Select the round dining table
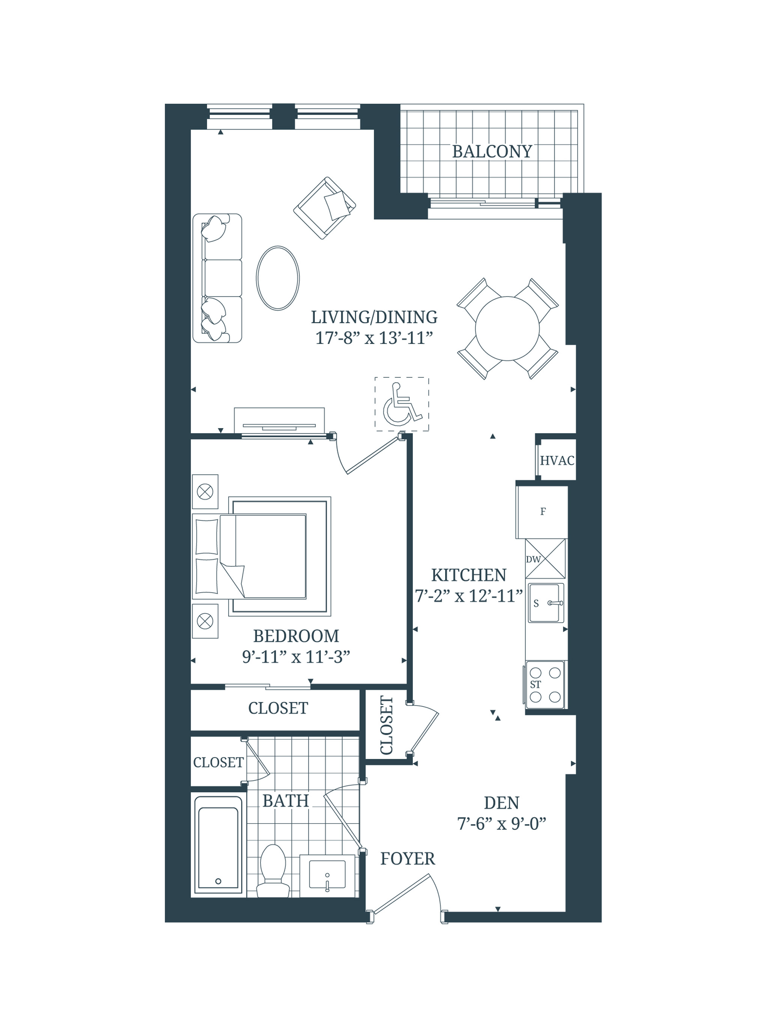[x=507, y=328]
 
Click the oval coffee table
[x=278, y=278]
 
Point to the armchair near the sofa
[x=325, y=208]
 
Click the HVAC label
[x=557, y=460]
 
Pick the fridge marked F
[x=542, y=512]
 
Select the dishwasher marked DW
[x=545, y=559]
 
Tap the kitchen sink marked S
[x=545, y=603]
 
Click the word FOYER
[x=407, y=859]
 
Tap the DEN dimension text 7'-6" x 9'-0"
[x=501, y=824]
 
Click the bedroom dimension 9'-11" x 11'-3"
[x=296, y=657]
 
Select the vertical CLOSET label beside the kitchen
[x=387, y=725]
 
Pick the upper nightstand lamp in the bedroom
[x=205, y=491]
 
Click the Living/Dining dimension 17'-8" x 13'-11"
[x=374, y=338]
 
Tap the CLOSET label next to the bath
[x=218, y=762]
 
